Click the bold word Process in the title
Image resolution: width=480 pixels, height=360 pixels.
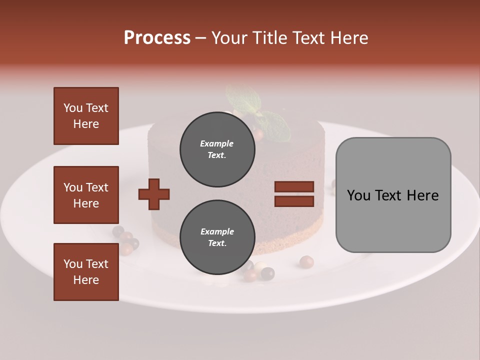[x=157, y=38]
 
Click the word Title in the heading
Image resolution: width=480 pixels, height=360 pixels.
[x=269, y=38]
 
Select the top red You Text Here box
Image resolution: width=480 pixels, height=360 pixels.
[x=86, y=116]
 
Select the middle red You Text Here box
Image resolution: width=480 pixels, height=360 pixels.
[x=86, y=195]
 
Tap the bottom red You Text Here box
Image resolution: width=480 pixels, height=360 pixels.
[x=86, y=272]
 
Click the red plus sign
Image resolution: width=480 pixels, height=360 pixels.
[x=154, y=193]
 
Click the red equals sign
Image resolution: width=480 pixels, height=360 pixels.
[x=294, y=194]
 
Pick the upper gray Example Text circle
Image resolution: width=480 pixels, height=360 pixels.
[x=217, y=149]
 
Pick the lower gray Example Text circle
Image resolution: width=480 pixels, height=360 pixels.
[x=217, y=237]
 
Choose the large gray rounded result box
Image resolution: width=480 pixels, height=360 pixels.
[x=393, y=195]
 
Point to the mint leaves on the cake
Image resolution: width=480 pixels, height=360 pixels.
[x=272, y=122]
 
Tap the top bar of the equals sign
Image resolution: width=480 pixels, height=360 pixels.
[x=294, y=187]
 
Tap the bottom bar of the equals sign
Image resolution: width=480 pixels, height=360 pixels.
[x=294, y=201]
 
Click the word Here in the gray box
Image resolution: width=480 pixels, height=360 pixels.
[x=423, y=195]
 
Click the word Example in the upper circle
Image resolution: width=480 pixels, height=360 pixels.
[x=217, y=143]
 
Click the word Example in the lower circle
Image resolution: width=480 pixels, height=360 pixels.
[x=217, y=231]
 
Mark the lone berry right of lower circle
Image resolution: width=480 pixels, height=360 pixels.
[x=306, y=262]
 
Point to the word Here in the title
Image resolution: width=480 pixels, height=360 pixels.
[x=350, y=38]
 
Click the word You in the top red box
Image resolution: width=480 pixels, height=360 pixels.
[x=72, y=108]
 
